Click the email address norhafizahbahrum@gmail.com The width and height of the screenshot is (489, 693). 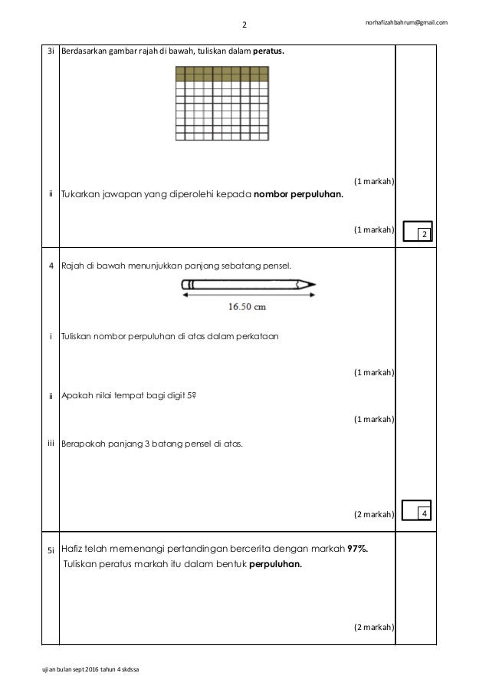click(406, 21)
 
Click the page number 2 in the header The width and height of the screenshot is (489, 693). click(244, 25)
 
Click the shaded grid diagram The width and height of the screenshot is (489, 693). click(222, 104)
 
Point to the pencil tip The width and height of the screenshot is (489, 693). click(312, 285)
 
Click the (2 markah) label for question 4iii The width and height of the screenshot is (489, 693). click(374, 513)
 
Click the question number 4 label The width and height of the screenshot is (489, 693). click(50, 266)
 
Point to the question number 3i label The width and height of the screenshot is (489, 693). click(50, 51)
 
